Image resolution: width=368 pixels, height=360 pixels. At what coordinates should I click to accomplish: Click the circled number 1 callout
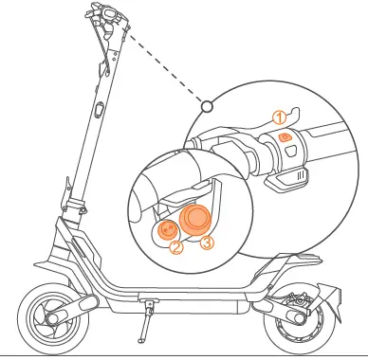279,117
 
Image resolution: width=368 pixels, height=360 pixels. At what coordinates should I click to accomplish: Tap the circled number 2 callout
176,248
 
